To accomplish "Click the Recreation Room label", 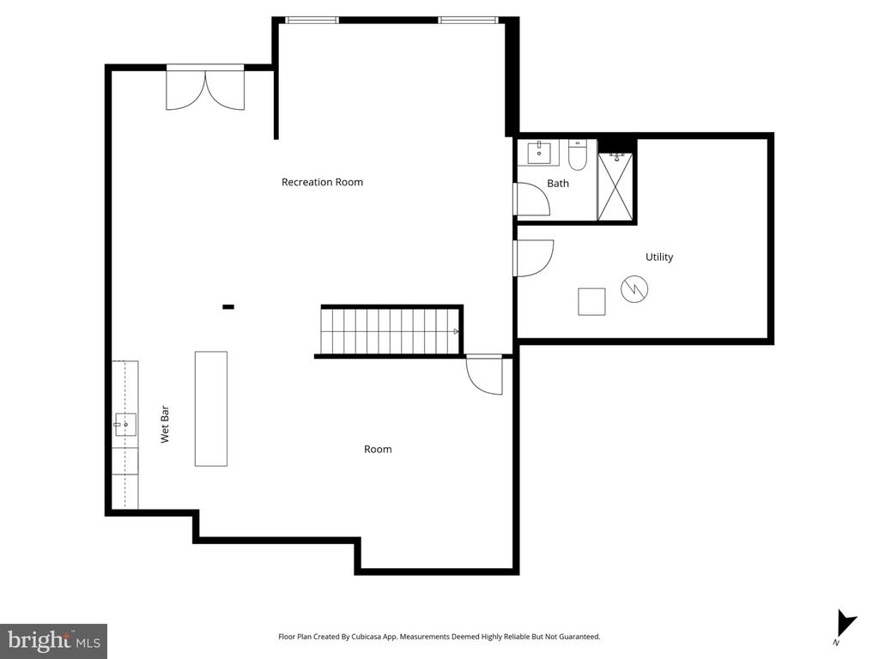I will [322, 182].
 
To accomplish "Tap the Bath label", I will [558, 184].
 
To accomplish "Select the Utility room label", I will [659, 257].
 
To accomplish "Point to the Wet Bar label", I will [165, 424].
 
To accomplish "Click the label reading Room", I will [378, 450].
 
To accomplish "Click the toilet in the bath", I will [577, 154].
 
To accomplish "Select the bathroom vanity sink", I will [539, 153].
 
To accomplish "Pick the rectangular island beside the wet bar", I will [211, 408].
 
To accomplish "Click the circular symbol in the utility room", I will [634, 289].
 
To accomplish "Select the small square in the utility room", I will [591, 301].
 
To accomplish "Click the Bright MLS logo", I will [53, 640].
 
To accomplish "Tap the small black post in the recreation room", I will [228, 306].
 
